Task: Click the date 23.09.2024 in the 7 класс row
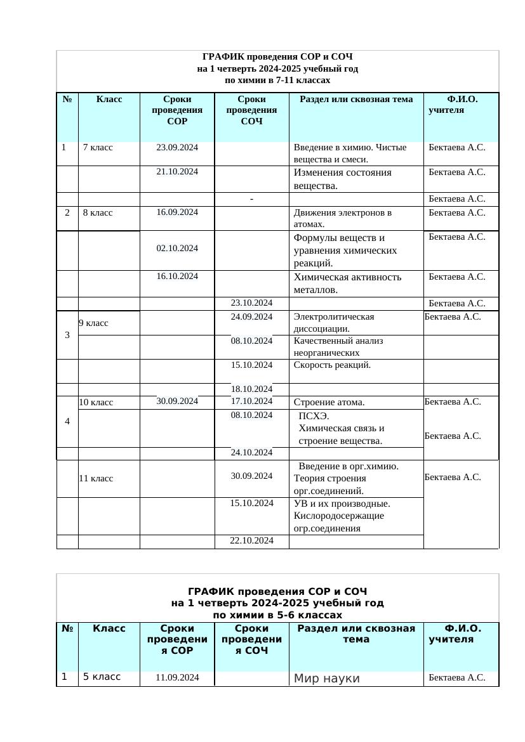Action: (177, 148)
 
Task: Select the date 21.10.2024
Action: (177, 172)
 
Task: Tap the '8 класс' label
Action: (98, 213)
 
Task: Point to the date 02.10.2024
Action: (177, 249)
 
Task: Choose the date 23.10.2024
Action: (251, 303)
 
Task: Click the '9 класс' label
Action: (93, 323)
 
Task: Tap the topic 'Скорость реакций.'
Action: (332, 365)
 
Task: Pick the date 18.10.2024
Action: (251, 389)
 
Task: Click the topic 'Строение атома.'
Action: (328, 402)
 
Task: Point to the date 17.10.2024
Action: (251, 401)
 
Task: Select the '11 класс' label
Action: (96, 478)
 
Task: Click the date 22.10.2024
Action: (251, 540)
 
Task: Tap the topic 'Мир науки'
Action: (327, 679)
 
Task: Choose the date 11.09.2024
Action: (177, 677)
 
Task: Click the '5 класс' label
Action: (102, 677)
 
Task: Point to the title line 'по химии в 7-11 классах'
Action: (277, 81)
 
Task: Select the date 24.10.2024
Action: (251, 453)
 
